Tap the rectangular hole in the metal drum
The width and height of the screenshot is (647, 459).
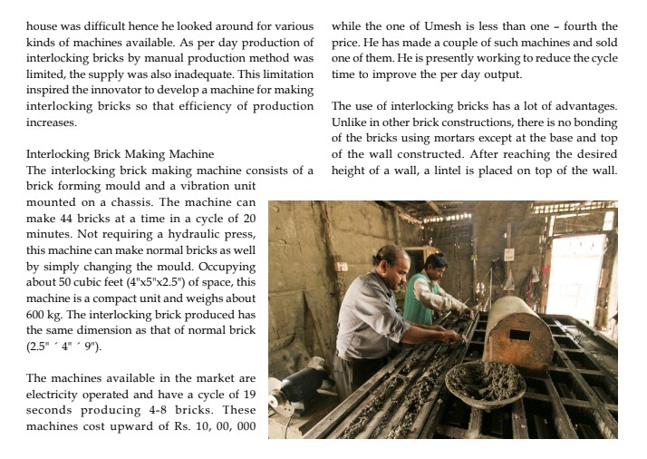point(521,335)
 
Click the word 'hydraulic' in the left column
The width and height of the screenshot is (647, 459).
point(183,234)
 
